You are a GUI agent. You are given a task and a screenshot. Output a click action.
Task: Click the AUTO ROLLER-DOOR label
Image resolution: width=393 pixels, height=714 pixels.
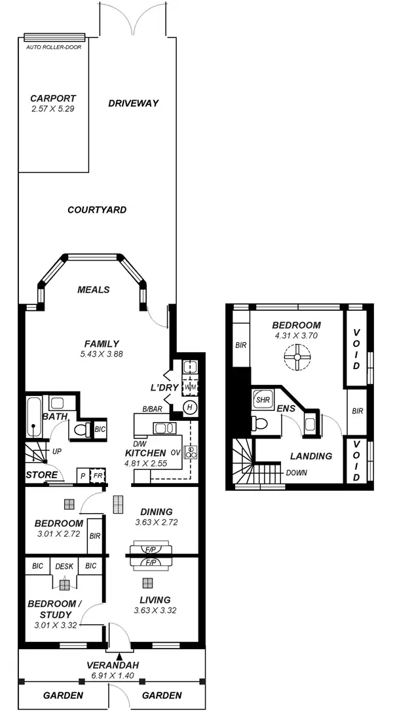(x=54, y=47)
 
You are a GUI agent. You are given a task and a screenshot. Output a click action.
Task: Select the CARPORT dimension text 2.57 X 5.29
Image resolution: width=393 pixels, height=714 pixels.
(x=52, y=109)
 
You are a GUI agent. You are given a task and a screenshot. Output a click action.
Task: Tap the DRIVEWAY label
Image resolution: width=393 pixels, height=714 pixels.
(x=134, y=103)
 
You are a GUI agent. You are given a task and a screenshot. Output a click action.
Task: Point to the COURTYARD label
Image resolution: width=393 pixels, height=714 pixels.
(x=97, y=210)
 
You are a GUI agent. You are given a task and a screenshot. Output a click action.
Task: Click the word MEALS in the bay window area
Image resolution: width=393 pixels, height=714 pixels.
(x=93, y=290)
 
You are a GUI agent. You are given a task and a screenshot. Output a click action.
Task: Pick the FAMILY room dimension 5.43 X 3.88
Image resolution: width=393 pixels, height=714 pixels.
(x=101, y=353)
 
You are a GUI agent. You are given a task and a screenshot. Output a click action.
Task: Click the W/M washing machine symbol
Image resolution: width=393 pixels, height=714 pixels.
(x=191, y=387)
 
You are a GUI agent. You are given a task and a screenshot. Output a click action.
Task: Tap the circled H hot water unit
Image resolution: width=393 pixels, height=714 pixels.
(x=190, y=407)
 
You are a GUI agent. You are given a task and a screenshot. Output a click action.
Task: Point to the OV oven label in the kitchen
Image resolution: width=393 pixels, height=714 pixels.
(x=176, y=452)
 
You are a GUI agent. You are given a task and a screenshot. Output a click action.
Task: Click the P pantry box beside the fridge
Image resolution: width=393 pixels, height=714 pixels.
(x=83, y=476)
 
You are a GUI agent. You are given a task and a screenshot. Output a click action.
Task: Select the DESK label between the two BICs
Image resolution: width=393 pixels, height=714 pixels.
(x=64, y=566)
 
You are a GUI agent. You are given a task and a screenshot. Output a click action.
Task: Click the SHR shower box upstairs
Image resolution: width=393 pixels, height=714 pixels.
(x=263, y=400)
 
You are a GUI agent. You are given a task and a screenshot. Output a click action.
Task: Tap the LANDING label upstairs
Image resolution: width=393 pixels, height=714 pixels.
(x=310, y=456)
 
